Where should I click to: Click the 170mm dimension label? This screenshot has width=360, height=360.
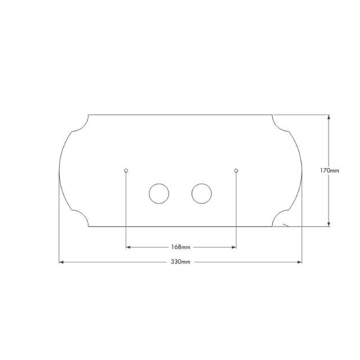click(x=329, y=170)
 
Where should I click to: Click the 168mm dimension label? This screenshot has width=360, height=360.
click(x=181, y=247)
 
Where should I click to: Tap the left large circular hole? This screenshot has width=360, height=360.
click(x=159, y=193)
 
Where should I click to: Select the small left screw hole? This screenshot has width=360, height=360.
click(x=126, y=170)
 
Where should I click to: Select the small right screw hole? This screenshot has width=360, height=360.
click(x=236, y=170)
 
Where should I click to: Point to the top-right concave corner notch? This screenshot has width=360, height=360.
click(x=281, y=124)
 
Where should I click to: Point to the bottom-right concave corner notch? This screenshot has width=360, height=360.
click(x=281, y=218)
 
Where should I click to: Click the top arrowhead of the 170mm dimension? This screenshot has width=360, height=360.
click(x=329, y=118)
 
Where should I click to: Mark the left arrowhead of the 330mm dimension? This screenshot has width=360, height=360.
click(x=62, y=262)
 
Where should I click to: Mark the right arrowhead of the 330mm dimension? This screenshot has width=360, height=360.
click(x=299, y=262)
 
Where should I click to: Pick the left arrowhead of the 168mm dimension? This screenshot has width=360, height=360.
click(x=129, y=247)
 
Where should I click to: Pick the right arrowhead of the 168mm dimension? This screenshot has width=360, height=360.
click(x=233, y=247)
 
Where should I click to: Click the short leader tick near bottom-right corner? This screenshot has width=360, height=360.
click(x=286, y=225)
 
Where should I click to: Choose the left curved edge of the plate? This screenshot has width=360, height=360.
click(x=60, y=170)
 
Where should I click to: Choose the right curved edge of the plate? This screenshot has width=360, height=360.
click(x=301, y=170)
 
